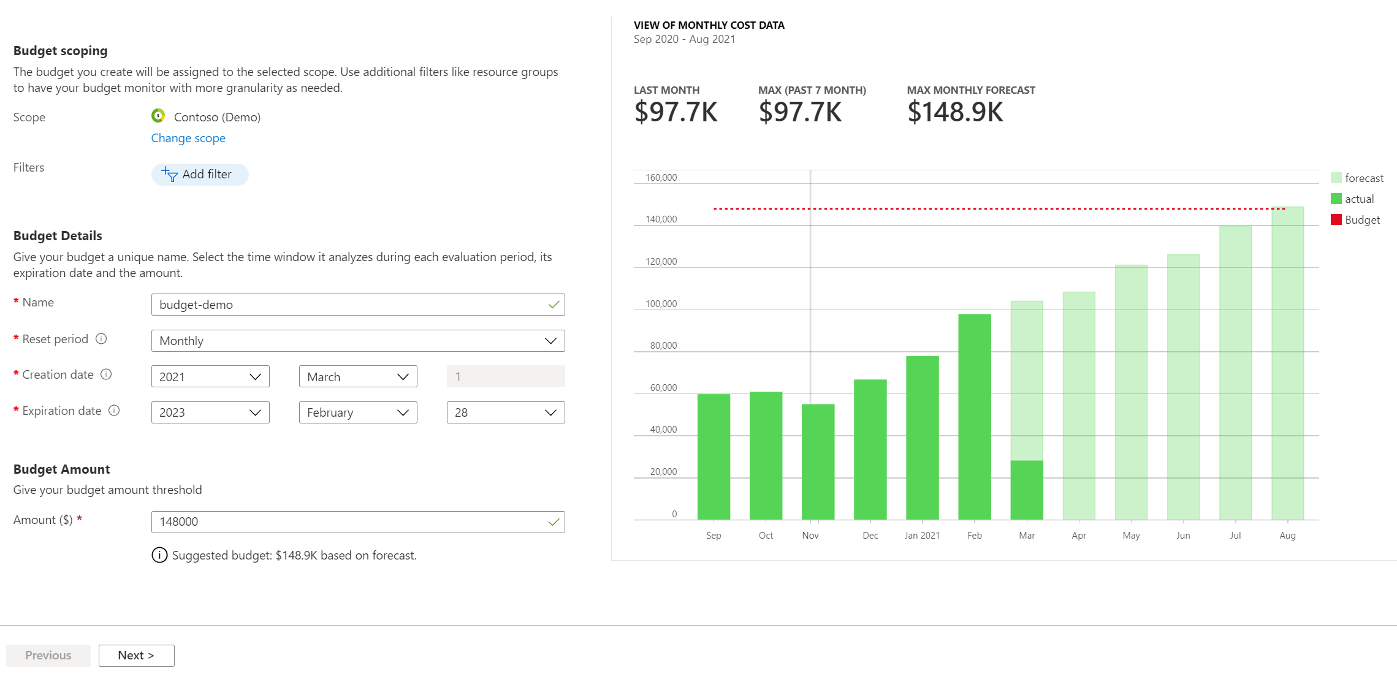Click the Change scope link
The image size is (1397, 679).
[188, 138]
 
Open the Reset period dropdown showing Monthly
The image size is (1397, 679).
[357, 341]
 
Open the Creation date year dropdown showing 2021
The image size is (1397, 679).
[210, 377]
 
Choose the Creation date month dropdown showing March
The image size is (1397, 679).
[358, 377]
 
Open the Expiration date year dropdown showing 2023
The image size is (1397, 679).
[210, 412]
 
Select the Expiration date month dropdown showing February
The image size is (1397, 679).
[358, 412]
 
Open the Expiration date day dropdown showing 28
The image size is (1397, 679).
[505, 412]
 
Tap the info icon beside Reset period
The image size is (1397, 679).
[102, 339]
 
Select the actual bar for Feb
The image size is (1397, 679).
[974, 417]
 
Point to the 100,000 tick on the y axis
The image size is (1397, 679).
[661, 304]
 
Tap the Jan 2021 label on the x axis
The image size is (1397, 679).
[921, 536]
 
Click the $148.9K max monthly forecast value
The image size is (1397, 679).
[955, 112]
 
